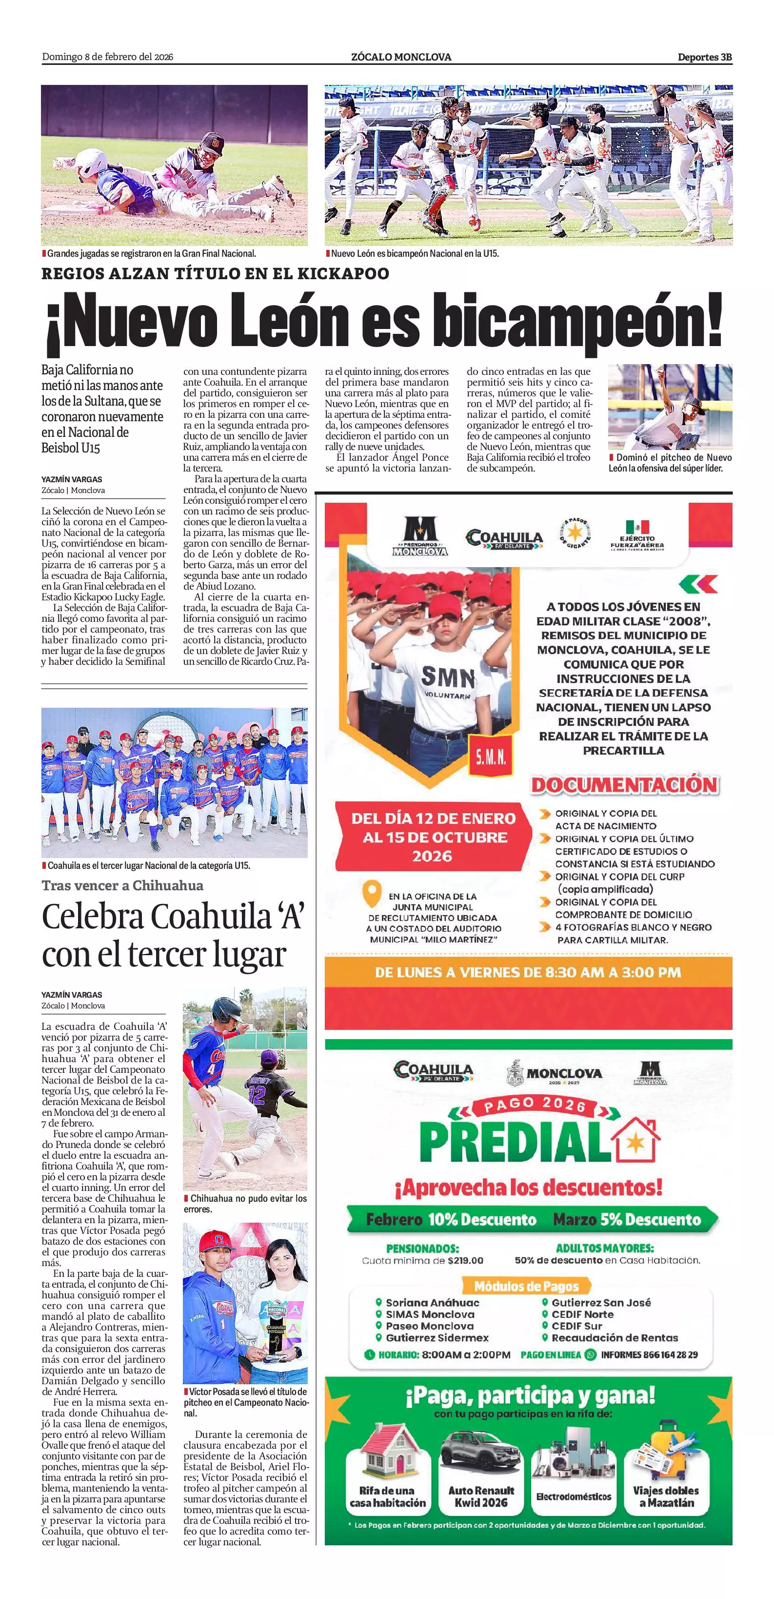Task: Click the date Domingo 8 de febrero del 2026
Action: coord(107,57)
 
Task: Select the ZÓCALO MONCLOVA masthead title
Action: coord(400,57)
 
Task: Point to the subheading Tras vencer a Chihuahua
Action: coord(122,885)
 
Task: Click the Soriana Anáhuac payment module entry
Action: coord(432,1302)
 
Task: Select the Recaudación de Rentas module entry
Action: coord(614,1338)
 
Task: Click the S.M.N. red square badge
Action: coord(491,757)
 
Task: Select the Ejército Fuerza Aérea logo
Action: coord(637,534)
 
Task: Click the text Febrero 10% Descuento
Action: coord(450,1219)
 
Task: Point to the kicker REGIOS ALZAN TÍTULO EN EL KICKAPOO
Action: coord(215,274)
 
